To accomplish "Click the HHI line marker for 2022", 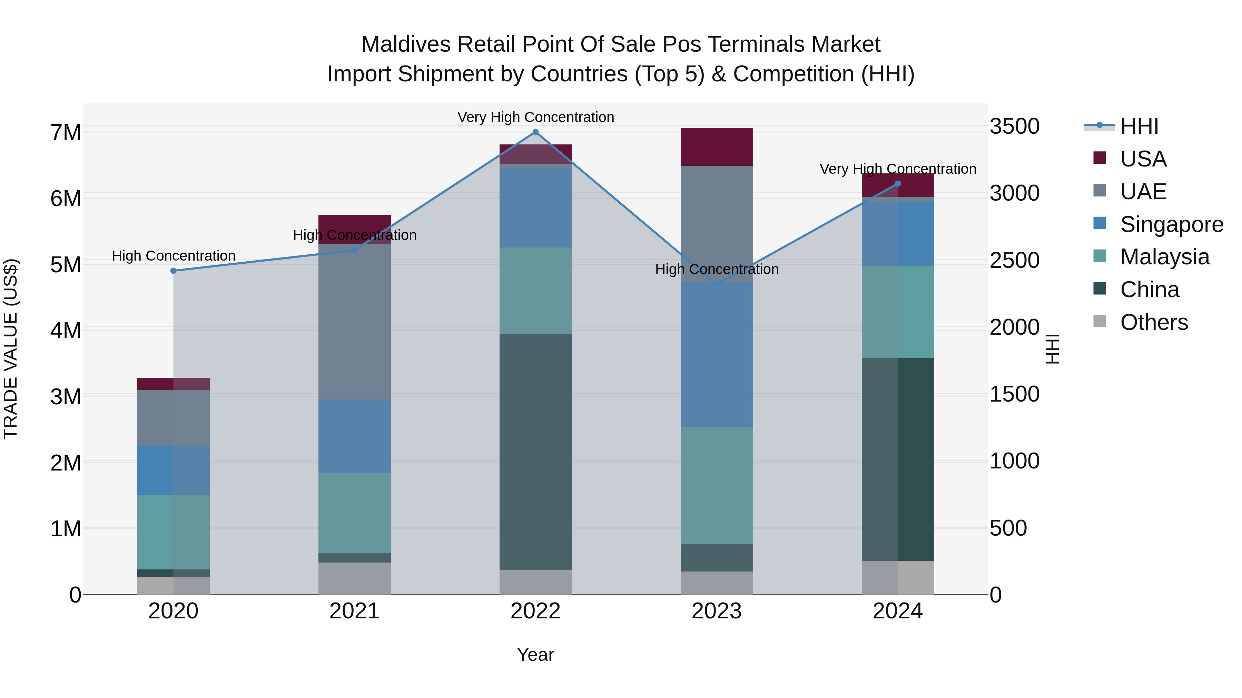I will pos(535,132).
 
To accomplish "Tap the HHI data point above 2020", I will pos(174,271).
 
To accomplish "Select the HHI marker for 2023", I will pos(717,285).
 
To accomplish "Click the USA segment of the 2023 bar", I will pos(717,147).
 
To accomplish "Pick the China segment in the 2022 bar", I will pos(535,452).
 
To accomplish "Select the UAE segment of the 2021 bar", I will pos(354,321).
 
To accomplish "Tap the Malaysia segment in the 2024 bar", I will pos(898,312).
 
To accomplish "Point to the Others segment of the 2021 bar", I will pos(354,578).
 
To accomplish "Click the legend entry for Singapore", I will pos(1171,224).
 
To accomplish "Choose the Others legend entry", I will pos(1154,322).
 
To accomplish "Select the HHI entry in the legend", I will pos(1139,126).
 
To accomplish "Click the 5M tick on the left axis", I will pos(66,264).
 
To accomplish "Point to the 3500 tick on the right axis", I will pos(1014,126).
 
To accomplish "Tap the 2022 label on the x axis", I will pos(535,611).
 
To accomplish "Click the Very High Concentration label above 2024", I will pos(898,169).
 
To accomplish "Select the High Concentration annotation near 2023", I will pos(717,269).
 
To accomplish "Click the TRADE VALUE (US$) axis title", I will pos(11,349).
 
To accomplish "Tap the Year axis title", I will pos(535,655).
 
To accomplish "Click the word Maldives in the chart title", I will pos(406,44).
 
